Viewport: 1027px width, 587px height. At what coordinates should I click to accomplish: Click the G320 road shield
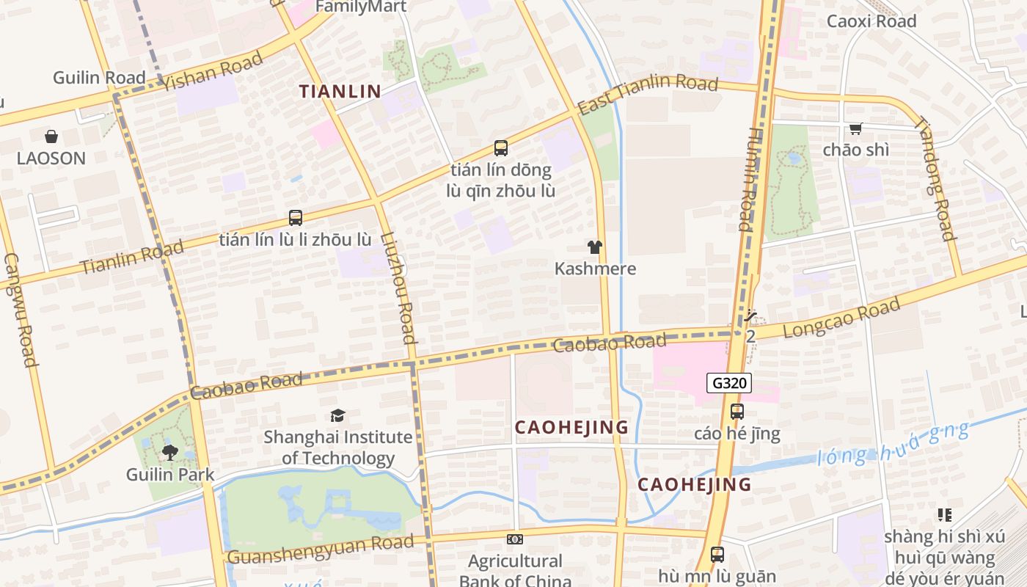coord(729,383)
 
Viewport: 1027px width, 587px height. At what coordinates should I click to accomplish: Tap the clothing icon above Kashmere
coord(595,247)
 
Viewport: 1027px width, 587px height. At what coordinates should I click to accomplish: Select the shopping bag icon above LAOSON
coord(51,136)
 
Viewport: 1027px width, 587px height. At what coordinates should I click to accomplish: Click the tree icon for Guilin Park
coord(170,452)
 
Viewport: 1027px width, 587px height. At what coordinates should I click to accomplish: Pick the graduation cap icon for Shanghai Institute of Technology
coord(337,416)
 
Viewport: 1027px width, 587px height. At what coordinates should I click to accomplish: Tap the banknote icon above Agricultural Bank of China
coord(515,539)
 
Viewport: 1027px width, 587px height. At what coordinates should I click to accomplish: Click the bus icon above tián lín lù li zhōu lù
coord(296,218)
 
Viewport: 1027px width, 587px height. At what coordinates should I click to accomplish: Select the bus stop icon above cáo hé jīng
coord(737,412)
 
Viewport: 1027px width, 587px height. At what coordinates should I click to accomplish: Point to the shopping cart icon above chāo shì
coord(855,129)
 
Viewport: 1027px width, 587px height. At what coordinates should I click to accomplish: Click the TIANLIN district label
coord(340,92)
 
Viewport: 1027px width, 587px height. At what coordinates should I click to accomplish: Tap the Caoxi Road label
coord(871,21)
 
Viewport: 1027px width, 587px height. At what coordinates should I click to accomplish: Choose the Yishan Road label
coord(212,71)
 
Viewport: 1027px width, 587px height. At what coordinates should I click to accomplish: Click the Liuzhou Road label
coord(399,288)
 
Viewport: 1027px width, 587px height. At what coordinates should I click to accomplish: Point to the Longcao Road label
coord(841,318)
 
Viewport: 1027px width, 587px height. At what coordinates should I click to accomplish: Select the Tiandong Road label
coord(935,179)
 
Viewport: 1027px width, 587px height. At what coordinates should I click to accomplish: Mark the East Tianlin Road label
coord(647,93)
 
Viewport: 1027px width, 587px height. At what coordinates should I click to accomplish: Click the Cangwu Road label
coord(20,309)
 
